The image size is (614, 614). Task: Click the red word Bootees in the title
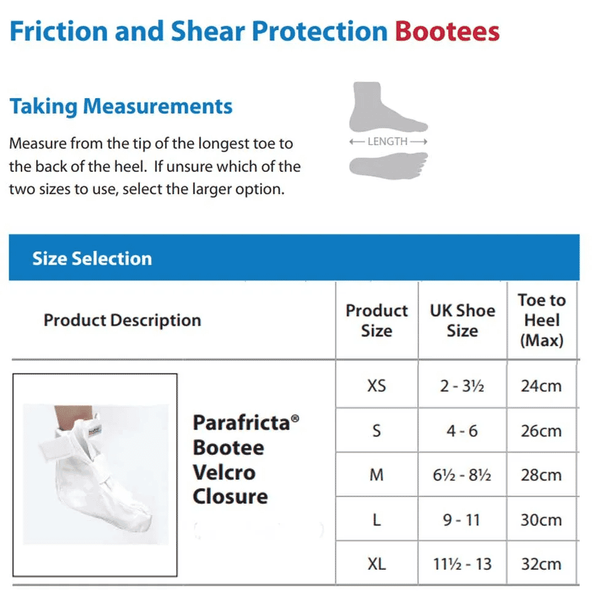447,31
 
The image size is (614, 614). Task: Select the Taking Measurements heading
121,106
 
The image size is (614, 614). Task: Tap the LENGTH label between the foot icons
387,141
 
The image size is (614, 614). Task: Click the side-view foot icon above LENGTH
386,107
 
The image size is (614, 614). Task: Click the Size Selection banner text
92,258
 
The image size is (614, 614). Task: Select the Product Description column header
122,320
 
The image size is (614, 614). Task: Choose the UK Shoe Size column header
462,320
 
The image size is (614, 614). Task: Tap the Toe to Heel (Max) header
541,320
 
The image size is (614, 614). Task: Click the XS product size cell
376,386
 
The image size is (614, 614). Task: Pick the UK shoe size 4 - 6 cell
462,430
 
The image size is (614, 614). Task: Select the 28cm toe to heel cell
541,475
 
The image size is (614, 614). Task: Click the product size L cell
376,519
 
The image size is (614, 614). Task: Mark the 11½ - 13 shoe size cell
462,564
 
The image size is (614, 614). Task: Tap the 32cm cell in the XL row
541,564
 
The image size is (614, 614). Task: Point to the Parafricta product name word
242,422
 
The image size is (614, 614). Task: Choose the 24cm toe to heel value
541,386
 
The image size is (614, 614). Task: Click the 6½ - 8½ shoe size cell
462,475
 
